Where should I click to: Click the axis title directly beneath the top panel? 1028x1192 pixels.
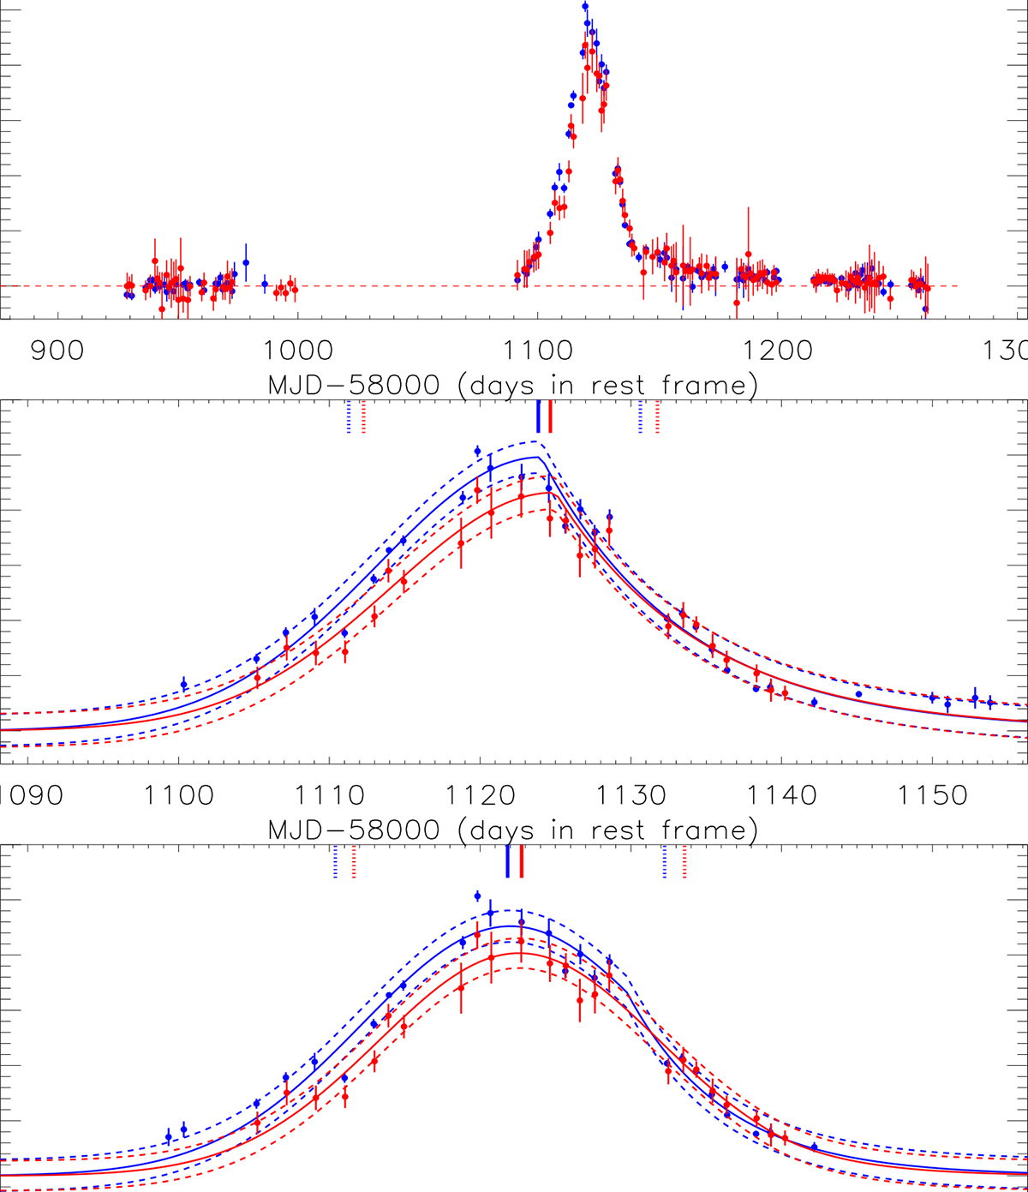513,386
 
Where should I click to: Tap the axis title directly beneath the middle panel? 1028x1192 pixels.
513,830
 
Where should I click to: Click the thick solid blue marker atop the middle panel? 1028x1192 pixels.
538,416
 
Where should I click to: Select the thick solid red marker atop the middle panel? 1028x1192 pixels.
550,416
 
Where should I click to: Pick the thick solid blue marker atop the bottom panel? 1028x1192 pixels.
508,861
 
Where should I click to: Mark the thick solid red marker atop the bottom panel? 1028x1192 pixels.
522,861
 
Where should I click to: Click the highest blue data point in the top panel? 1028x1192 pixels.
585,7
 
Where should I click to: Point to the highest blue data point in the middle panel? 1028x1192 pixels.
478,451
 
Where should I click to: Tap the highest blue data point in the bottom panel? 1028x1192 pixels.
478,895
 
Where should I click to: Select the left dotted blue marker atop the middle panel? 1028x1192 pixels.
349,416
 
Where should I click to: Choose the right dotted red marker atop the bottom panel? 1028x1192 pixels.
684,861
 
